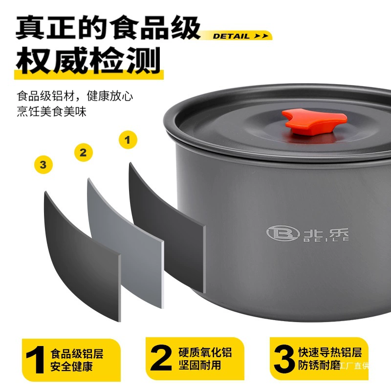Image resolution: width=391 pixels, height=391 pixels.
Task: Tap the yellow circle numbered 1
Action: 128,140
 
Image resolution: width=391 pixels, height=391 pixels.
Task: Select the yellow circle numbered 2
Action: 84,152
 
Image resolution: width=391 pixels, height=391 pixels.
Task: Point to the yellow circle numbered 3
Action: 43,165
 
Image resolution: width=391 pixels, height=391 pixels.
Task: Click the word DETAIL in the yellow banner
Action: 231,36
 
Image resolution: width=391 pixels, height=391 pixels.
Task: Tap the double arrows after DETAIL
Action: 261,36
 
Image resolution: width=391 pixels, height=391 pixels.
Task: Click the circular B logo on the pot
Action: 283,233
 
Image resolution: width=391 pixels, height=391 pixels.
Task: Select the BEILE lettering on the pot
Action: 326,239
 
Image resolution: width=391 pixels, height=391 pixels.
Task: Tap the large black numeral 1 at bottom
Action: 36,360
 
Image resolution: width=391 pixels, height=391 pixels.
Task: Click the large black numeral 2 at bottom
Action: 161,358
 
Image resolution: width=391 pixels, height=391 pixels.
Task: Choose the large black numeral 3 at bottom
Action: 284,359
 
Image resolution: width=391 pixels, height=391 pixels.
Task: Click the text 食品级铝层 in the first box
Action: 77,354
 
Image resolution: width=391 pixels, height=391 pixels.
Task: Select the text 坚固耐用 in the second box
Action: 200,365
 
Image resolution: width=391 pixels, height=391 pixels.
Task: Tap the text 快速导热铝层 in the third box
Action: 330,352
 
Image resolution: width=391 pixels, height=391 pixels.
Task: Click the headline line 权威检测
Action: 88,60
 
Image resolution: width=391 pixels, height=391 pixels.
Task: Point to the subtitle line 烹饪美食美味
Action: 52,111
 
